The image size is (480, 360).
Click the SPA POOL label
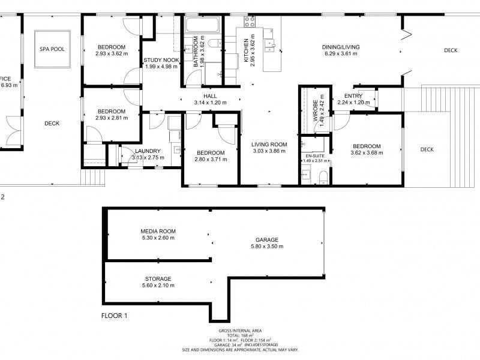(52, 50)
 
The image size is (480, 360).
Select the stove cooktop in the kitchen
(249, 22)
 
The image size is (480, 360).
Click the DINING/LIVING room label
(340, 47)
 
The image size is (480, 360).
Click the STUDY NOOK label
(161, 60)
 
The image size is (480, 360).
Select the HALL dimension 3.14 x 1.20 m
(210, 103)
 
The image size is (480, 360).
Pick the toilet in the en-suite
(323, 175)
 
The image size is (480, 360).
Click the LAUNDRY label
(148, 151)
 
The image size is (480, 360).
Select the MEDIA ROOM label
(158, 231)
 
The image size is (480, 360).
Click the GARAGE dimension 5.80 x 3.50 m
(267, 246)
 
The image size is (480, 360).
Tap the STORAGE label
(158, 279)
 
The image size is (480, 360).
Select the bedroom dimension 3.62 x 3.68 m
(367, 153)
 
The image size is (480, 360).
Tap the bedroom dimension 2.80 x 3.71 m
(210, 160)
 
